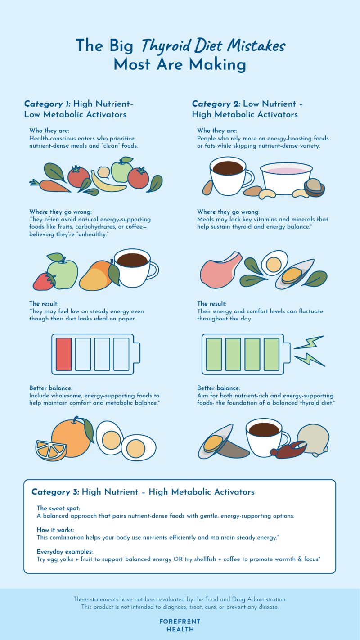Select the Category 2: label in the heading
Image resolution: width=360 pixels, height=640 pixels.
[216, 104]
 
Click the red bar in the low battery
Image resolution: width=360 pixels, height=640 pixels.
[64, 354]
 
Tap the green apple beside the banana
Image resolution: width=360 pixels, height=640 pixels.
[121, 170]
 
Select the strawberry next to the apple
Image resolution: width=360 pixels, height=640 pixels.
[44, 281]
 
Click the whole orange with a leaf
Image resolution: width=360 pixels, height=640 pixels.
[72, 436]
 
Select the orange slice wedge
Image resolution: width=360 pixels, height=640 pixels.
[51, 451]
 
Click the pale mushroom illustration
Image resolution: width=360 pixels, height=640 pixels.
[313, 439]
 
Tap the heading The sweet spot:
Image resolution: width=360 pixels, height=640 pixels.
[58, 508]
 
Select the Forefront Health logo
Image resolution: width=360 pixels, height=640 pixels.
[180, 625]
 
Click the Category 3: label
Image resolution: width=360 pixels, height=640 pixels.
[55, 492]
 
